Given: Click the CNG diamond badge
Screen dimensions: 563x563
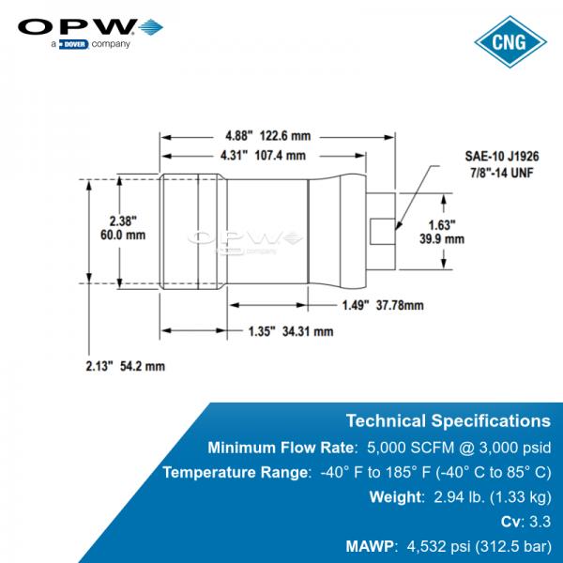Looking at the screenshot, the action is click(x=510, y=41).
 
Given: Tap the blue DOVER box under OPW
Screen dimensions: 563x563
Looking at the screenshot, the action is click(x=73, y=44).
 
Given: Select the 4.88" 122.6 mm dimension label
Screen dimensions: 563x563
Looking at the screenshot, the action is click(x=267, y=136).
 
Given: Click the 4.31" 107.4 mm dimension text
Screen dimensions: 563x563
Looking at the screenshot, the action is click(x=263, y=156).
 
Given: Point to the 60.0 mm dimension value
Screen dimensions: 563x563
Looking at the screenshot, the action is click(x=123, y=236).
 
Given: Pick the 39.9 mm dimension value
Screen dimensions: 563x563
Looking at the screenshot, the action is click(x=442, y=238).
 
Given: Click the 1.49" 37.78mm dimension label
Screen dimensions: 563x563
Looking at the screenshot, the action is click(x=383, y=306).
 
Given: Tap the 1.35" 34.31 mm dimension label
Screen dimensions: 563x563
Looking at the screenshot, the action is click(x=291, y=331).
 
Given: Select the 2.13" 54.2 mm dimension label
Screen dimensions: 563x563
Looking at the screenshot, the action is click(x=126, y=366).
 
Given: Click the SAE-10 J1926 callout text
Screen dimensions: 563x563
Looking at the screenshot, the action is click(x=502, y=156).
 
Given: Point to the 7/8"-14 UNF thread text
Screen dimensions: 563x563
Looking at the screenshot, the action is click(x=502, y=173).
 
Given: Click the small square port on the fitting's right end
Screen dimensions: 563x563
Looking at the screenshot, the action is click(x=383, y=232).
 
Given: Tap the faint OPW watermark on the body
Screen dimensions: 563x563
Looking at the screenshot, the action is click(x=246, y=240).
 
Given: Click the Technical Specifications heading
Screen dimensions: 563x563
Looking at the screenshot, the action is click(x=449, y=420).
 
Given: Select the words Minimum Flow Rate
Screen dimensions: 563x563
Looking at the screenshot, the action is click(x=281, y=448).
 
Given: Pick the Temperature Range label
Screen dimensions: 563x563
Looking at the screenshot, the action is click(x=235, y=472).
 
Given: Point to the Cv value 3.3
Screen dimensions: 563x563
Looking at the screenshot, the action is click(x=540, y=522).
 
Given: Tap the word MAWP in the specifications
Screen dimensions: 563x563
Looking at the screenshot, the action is click(x=370, y=546).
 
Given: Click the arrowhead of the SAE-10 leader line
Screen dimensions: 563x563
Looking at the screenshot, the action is click(x=398, y=225).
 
